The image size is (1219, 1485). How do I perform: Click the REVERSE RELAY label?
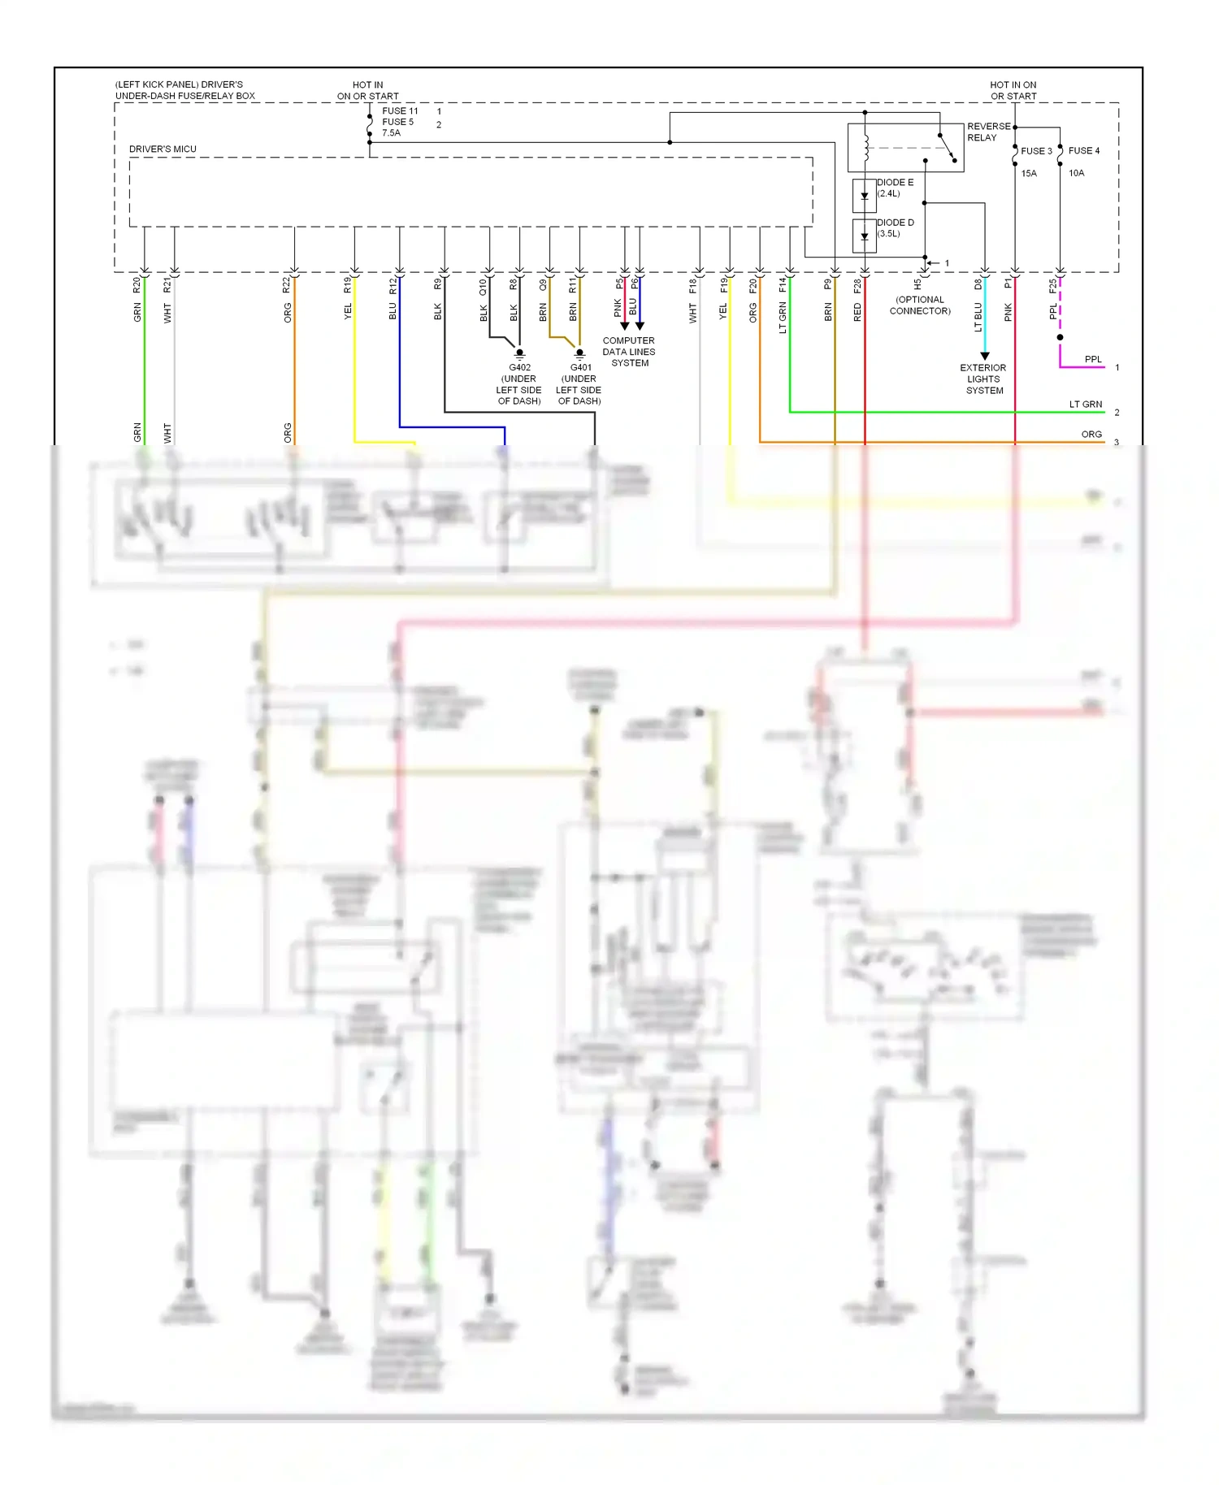click(x=988, y=132)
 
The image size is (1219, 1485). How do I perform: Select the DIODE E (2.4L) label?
click(x=894, y=188)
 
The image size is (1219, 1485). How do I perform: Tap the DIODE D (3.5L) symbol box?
click(x=864, y=236)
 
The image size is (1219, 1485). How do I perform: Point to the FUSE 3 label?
click(x=1035, y=151)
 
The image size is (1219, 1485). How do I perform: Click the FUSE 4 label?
click(x=1083, y=151)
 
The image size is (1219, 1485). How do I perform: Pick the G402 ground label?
click(x=519, y=367)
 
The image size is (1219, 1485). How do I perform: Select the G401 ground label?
click(x=580, y=367)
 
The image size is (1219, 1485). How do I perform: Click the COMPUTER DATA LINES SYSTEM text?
click(x=628, y=352)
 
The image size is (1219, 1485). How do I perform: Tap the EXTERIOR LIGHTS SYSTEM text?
click(x=983, y=379)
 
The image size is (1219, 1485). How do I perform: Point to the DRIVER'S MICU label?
click(x=163, y=149)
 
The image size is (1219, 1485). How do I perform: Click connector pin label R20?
click(x=137, y=285)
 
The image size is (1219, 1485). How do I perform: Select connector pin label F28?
click(x=857, y=286)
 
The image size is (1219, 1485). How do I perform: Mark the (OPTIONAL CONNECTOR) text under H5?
click(x=919, y=305)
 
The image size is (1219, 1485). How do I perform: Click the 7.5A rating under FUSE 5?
click(x=391, y=133)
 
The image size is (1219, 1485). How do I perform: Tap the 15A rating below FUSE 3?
click(x=1028, y=173)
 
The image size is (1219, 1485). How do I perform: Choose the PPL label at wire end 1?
click(x=1093, y=359)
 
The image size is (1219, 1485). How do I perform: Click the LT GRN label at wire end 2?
click(x=1085, y=404)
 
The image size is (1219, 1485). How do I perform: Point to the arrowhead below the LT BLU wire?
click(x=984, y=356)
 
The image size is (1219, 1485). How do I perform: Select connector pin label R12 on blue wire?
click(x=393, y=286)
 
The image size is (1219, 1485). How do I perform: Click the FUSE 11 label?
click(x=400, y=111)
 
